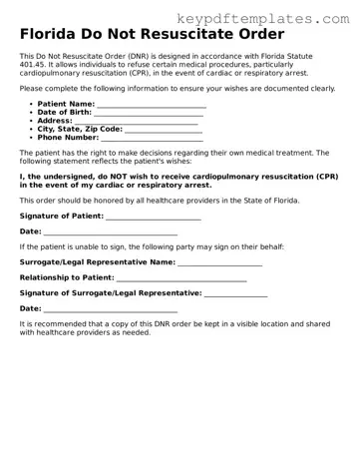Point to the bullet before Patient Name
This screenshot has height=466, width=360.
click(28, 104)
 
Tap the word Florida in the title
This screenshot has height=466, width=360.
click(53, 35)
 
